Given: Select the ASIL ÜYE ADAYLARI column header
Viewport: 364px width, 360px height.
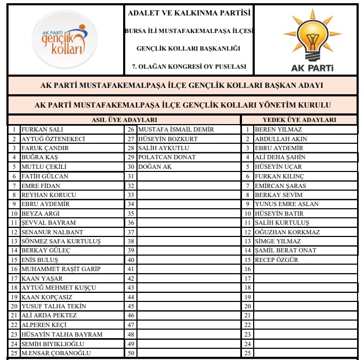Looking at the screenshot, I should pos(125,120).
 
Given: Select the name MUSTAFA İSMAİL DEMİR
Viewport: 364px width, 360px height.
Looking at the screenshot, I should pos(175,129).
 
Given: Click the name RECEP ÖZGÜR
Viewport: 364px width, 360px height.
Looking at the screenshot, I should pos(277,260).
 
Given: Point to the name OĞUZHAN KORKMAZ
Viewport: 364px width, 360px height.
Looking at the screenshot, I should pos(287,232).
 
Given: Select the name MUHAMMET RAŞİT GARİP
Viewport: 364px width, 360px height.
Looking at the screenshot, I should pos(60,269).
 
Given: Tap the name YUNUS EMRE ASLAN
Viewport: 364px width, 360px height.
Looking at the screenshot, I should pos(287,204).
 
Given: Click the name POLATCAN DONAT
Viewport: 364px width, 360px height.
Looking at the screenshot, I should pos(166,157).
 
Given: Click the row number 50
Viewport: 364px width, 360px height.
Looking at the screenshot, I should pos(131,353).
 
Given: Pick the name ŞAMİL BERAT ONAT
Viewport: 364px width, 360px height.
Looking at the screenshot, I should pos(286,250).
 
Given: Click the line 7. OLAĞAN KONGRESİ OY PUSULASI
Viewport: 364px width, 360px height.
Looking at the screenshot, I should pos(189,67).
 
